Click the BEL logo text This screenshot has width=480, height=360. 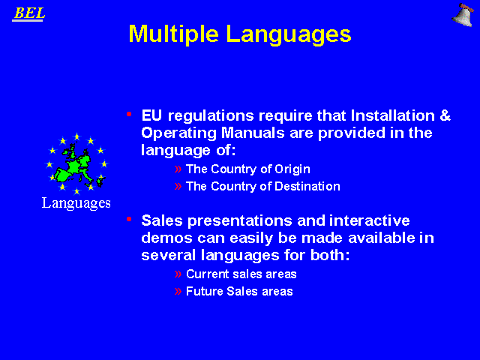(x=29, y=13)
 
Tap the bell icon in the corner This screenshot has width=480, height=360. (x=463, y=15)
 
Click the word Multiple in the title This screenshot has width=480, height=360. (x=173, y=34)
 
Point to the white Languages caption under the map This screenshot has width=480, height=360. (x=76, y=203)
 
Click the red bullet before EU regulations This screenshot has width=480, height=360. (x=129, y=114)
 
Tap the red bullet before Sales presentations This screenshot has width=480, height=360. (x=129, y=219)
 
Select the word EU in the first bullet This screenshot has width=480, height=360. (x=151, y=115)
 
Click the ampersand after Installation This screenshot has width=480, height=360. (x=445, y=115)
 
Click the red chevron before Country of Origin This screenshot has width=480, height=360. (x=178, y=169)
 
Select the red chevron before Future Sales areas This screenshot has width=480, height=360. (x=178, y=291)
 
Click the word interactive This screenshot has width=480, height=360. (x=370, y=220)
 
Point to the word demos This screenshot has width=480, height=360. (x=166, y=238)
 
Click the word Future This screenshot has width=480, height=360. (x=205, y=292)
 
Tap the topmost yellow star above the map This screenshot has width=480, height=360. (x=76, y=136)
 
